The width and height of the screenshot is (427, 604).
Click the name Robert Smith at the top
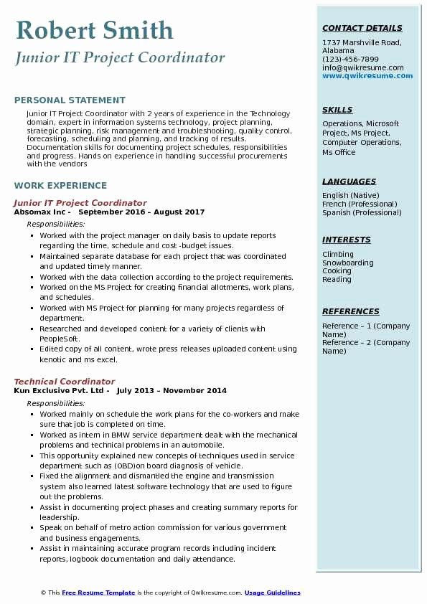tap(93, 30)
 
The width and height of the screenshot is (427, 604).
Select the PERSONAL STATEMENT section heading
tap(70, 100)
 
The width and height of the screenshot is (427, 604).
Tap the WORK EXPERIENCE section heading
tap(60, 185)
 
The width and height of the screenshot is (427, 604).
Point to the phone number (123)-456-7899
tap(350, 60)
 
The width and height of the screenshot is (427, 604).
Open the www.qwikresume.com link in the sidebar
tap(362, 76)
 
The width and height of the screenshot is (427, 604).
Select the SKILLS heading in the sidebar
tap(337, 110)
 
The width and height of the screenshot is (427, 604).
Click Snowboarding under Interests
tap(348, 263)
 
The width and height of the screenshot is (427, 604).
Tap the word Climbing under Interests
tap(338, 254)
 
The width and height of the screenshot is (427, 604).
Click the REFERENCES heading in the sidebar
tap(351, 312)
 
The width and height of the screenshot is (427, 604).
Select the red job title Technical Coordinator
tap(64, 382)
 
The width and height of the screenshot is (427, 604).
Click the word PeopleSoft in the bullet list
tap(60, 339)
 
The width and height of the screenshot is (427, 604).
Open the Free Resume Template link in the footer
tap(98, 593)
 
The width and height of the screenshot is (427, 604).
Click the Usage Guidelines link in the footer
tap(272, 593)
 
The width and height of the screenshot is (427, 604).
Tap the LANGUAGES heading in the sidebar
tap(349, 182)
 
